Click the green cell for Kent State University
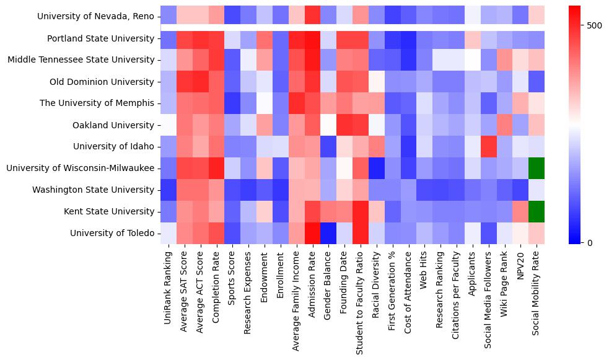(536, 211)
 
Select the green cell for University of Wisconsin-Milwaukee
(536, 168)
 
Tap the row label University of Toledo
(112, 233)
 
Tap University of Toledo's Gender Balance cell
(328, 233)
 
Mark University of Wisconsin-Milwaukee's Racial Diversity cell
(376, 168)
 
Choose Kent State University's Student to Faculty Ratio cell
(361, 211)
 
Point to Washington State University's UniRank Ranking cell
(169, 190)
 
